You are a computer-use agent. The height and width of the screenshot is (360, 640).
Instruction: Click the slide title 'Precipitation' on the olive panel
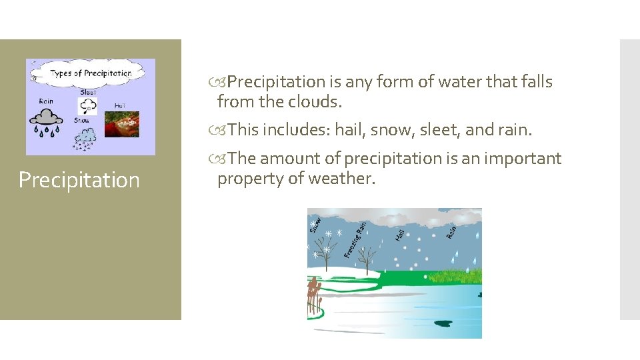click(x=79, y=180)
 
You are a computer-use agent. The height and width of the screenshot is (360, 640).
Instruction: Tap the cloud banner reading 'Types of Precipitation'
click(x=89, y=73)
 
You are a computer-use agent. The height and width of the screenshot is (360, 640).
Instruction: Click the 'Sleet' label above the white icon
click(x=87, y=93)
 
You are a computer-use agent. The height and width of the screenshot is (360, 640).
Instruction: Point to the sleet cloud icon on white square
click(x=87, y=107)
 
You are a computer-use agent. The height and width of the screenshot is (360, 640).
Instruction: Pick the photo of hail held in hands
click(x=122, y=124)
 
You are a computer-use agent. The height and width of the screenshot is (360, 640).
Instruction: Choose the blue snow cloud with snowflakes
click(x=85, y=138)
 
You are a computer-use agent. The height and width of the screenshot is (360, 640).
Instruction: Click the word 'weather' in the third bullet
click(x=346, y=178)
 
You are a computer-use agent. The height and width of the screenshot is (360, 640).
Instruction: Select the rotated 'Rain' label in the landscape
click(x=451, y=231)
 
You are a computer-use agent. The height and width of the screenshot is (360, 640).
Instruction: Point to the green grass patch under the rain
click(x=453, y=275)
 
